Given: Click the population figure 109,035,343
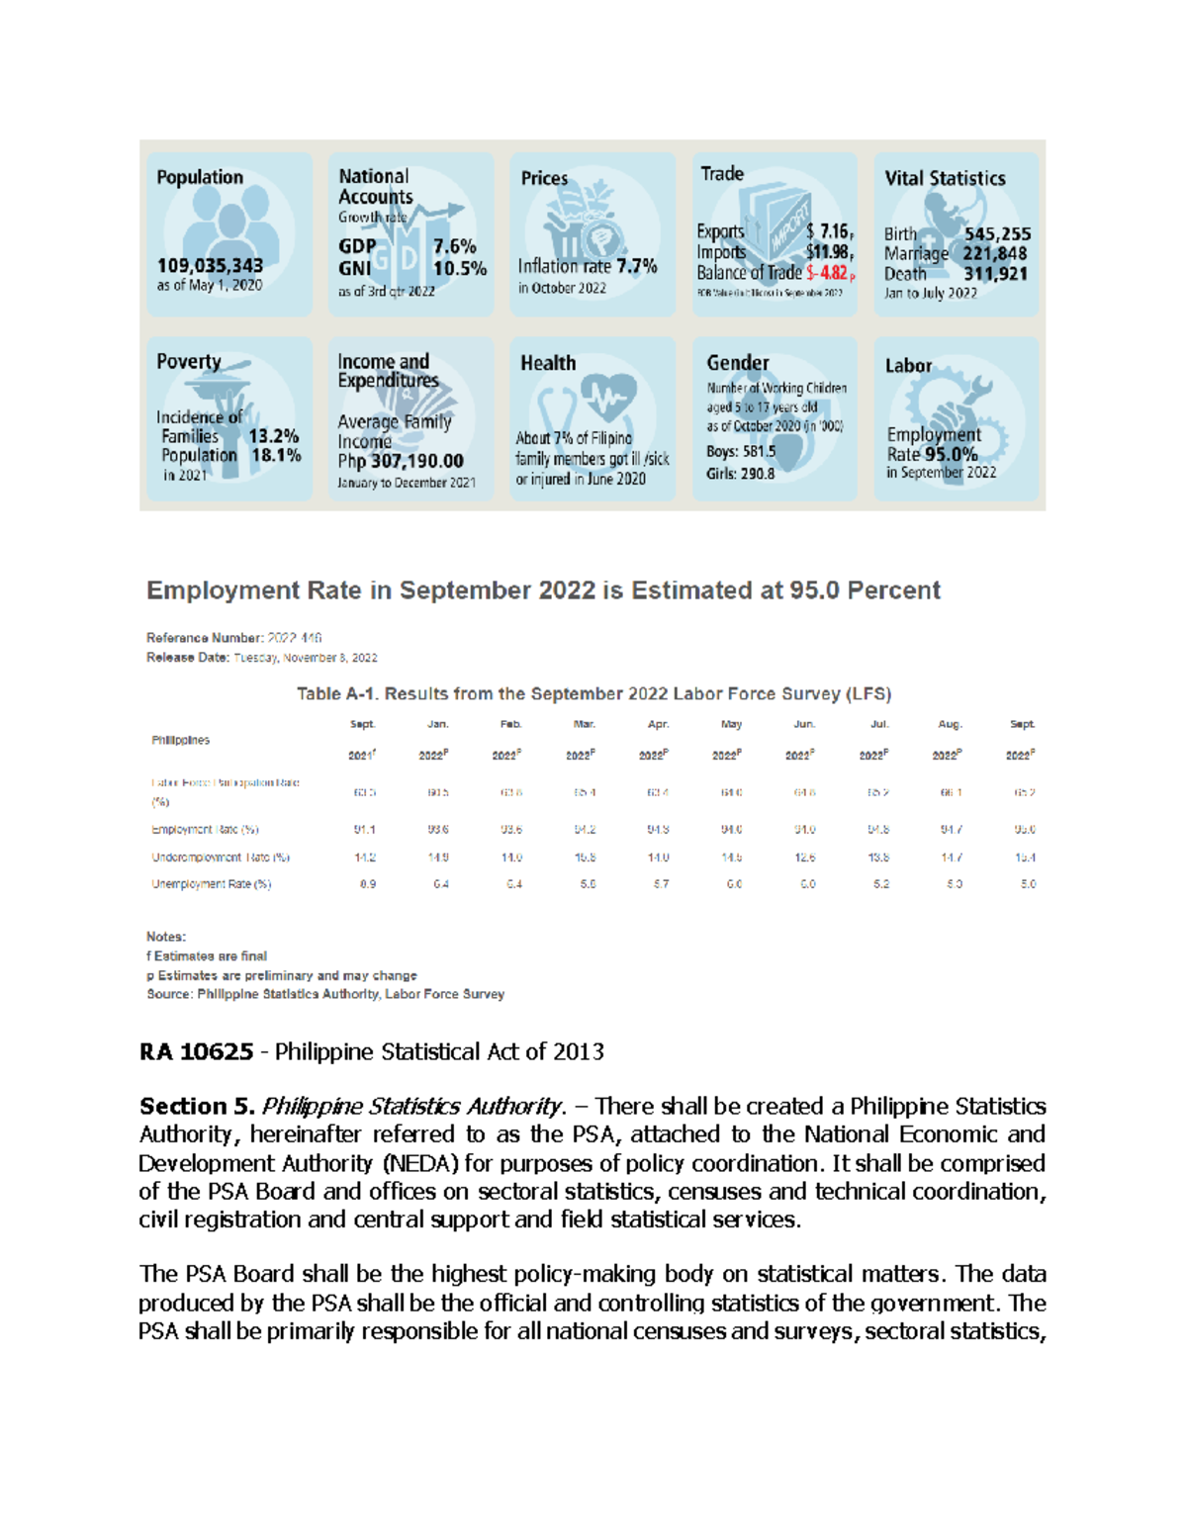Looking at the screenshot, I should [210, 265].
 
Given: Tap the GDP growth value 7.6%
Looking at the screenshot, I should [454, 246].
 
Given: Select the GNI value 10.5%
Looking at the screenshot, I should [459, 268].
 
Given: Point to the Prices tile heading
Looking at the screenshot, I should [544, 178].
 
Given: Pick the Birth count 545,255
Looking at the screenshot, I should [997, 234].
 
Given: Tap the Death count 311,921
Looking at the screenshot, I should [995, 274].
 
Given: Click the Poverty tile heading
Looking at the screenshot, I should [189, 361].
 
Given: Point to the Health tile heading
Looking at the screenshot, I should [548, 363].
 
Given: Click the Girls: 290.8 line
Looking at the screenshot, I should [740, 474].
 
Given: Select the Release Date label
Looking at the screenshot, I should [188, 658].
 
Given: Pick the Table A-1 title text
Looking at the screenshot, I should [593, 693].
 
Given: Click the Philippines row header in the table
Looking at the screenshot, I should [180, 740].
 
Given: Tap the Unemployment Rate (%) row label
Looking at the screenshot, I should [211, 884].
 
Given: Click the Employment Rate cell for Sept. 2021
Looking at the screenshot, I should [364, 830].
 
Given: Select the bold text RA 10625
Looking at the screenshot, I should [196, 1051].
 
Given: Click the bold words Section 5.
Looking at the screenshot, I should [197, 1106].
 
